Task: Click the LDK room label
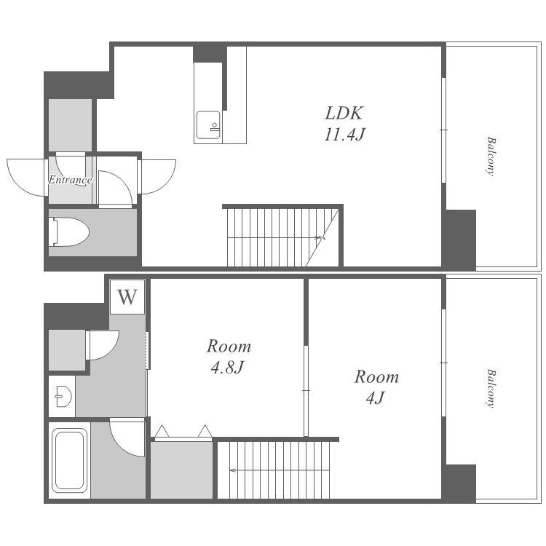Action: pos(344,113)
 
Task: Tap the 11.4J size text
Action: pos(344,135)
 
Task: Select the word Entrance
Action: pos(70,180)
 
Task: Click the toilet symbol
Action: pos(69,232)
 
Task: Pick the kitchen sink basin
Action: pos(208,125)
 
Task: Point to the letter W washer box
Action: pos(127,297)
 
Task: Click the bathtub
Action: pos(69,460)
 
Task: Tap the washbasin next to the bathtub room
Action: pos(63,396)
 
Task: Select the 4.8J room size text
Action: pos(226,368)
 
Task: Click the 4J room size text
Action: pos(376,398)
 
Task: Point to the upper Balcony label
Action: pos(491,156)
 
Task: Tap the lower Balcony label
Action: pos(491,388)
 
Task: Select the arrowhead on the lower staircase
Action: pos(232,470)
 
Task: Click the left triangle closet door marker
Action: pos(162,431)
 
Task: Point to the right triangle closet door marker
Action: pos(205,431)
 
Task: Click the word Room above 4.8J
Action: pos(229,347)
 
